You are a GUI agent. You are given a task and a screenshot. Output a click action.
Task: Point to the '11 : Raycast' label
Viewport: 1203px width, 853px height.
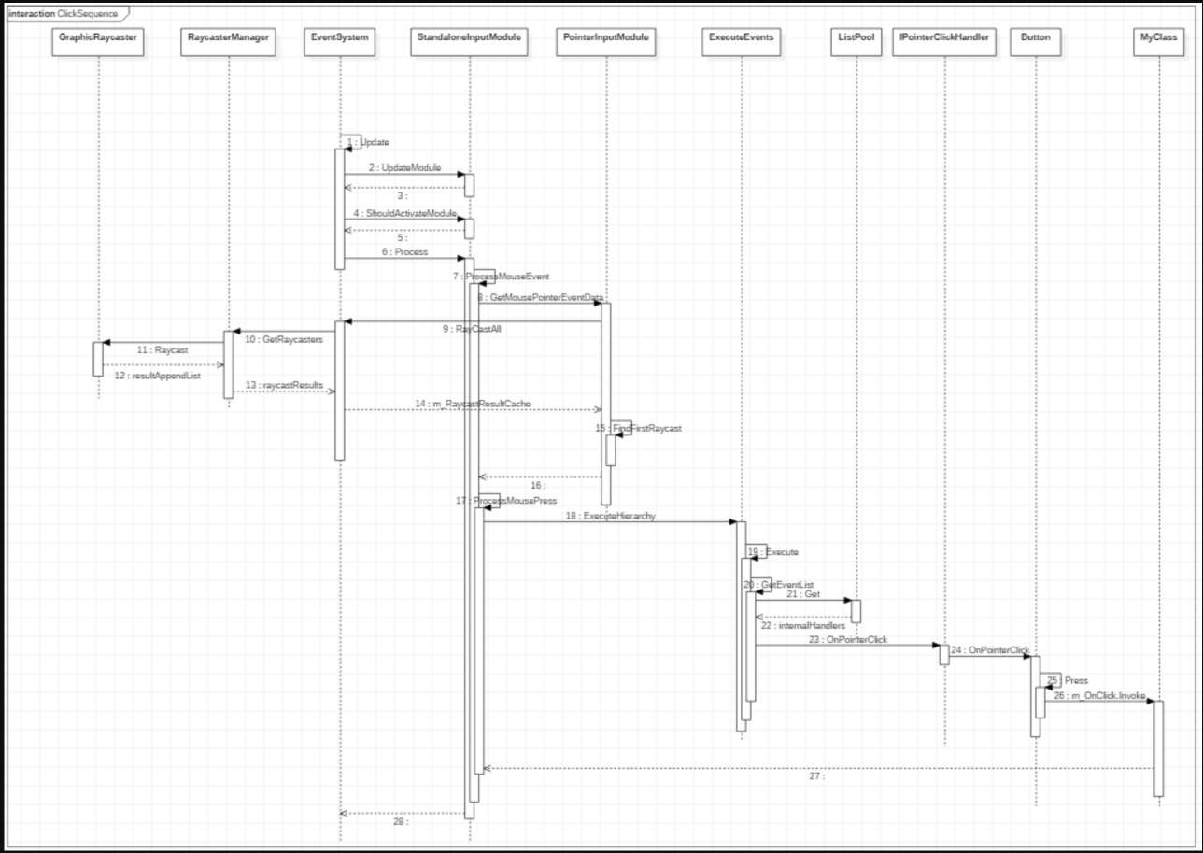coord(164,348)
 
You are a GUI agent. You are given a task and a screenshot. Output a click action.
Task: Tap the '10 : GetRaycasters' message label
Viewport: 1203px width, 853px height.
coord(284,339)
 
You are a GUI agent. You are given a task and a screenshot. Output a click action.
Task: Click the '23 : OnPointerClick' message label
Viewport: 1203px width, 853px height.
coord(848,640)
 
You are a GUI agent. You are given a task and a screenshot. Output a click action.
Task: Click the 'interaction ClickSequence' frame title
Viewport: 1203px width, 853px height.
coord(63,13)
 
